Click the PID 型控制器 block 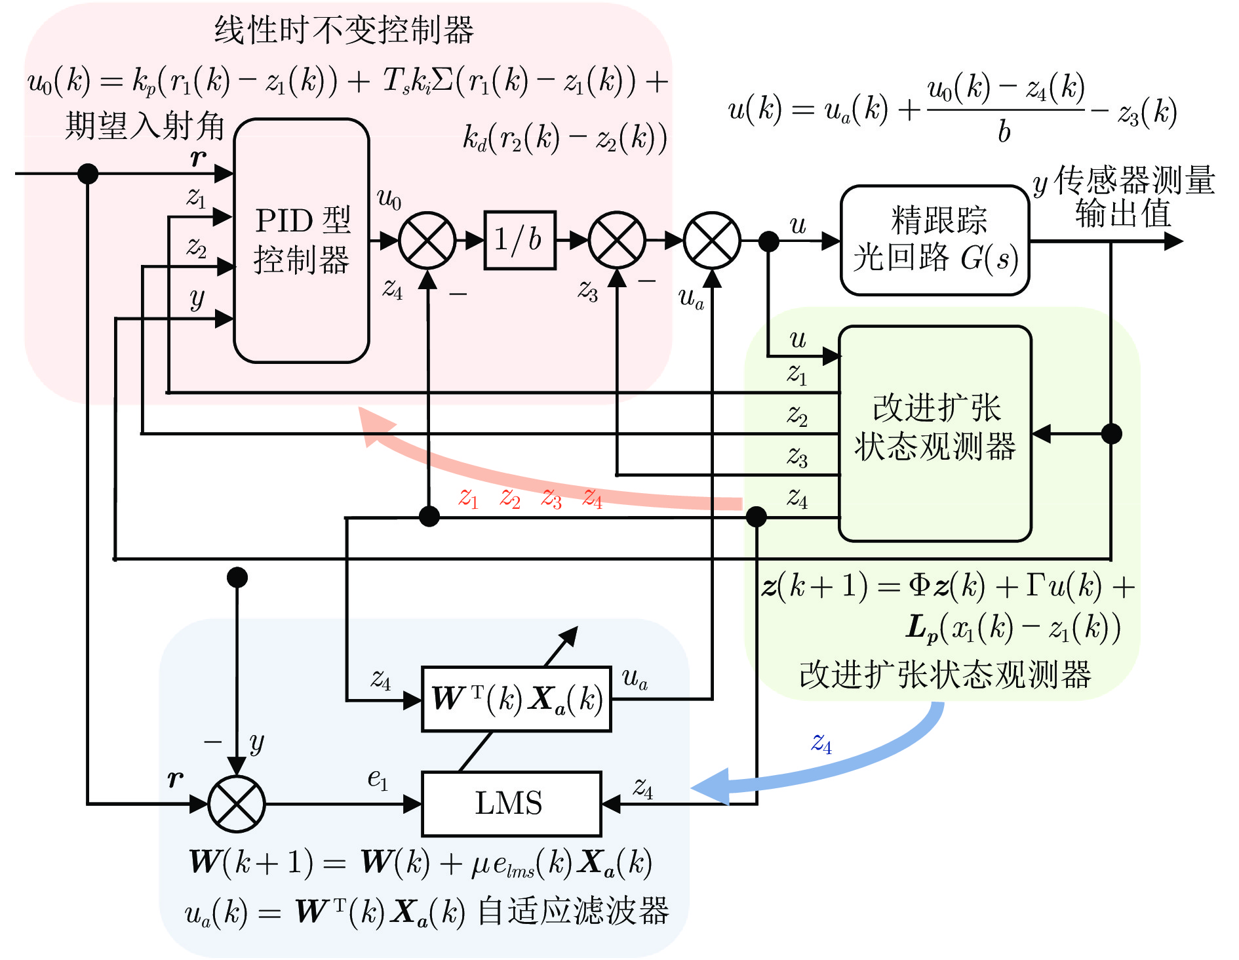click(302, 240)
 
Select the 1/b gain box click(520, 240)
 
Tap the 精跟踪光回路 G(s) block click(935, 240)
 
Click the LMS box click(511, 803)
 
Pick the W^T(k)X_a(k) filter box click(517, 699)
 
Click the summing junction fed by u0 click(427, 241)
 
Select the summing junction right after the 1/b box click(617, 241)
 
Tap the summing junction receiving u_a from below click(712, 241)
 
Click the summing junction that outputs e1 click(237, 803)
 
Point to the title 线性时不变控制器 click(344, 30)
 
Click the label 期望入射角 click(145, 126)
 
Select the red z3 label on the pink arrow click(551, 499)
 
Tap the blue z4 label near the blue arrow click(821, 744)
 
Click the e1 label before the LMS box click(378, 779)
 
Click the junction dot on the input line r click(88, 174)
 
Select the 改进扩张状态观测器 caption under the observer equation click(945, 675)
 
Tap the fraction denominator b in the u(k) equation click(1004, 132)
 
